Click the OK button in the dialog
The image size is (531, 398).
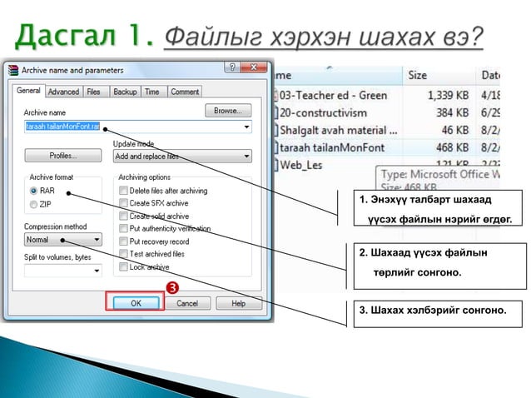click(135, 303)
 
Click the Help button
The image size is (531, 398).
click(238, 303)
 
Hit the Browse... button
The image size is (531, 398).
click(227, 110)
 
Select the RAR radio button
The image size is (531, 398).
click(34, 191)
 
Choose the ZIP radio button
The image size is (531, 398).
click(34, 204)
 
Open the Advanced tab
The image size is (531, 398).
click(63, 92)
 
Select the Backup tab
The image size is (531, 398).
click(125, 92)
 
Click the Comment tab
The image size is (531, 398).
click(184, 92)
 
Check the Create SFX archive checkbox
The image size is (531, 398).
click(123, 203)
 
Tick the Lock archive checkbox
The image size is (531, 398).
click(123, 266)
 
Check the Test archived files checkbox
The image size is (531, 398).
click(123, 254)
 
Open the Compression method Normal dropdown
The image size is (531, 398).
click(62, 240)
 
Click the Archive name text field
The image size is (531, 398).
click(133, 127)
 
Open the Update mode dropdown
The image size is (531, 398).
click(181, 156)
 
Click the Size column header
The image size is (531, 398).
click(418, 75)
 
